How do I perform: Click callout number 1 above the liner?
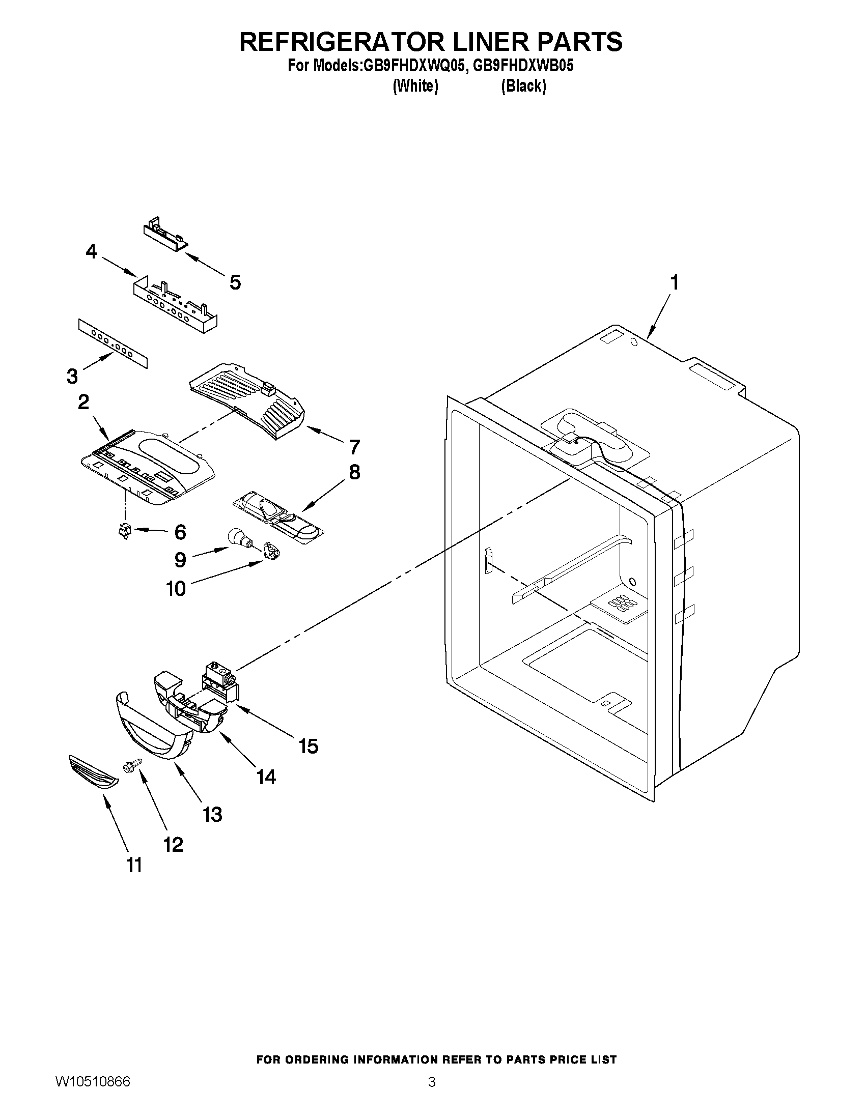point(674,282)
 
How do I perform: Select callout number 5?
point(235,282)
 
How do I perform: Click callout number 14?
point(266,777)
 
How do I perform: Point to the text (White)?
point(415,86)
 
